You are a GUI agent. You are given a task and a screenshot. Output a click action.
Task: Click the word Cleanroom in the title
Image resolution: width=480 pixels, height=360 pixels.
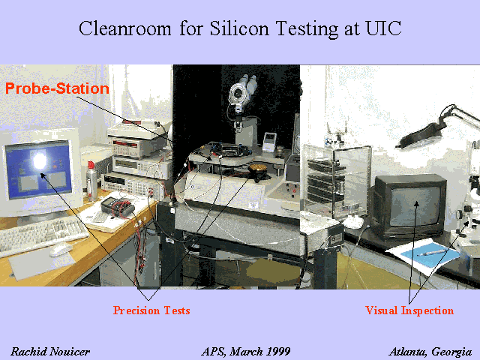125,28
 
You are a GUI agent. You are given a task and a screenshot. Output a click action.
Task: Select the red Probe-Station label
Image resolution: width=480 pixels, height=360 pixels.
57,88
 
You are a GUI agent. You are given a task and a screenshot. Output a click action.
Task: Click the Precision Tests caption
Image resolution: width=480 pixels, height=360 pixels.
151,310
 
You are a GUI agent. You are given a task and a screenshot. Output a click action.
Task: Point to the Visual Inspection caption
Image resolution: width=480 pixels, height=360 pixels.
409,310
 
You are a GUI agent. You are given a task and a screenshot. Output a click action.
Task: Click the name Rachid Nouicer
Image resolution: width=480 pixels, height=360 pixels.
50,352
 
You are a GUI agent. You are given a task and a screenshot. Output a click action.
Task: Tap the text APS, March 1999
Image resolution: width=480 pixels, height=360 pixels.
246,352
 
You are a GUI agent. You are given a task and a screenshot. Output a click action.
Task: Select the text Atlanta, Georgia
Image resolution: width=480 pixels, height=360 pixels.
430,352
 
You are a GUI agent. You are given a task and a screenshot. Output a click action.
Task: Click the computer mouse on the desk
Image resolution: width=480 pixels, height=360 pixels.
61,249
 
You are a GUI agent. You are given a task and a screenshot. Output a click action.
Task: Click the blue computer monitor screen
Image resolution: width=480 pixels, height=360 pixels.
38,169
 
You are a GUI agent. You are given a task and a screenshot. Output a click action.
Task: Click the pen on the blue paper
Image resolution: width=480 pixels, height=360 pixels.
431,253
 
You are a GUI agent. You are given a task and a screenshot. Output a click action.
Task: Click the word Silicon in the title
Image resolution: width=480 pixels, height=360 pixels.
239,28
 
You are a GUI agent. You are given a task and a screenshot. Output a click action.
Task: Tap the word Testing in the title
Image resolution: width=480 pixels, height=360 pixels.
307,28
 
